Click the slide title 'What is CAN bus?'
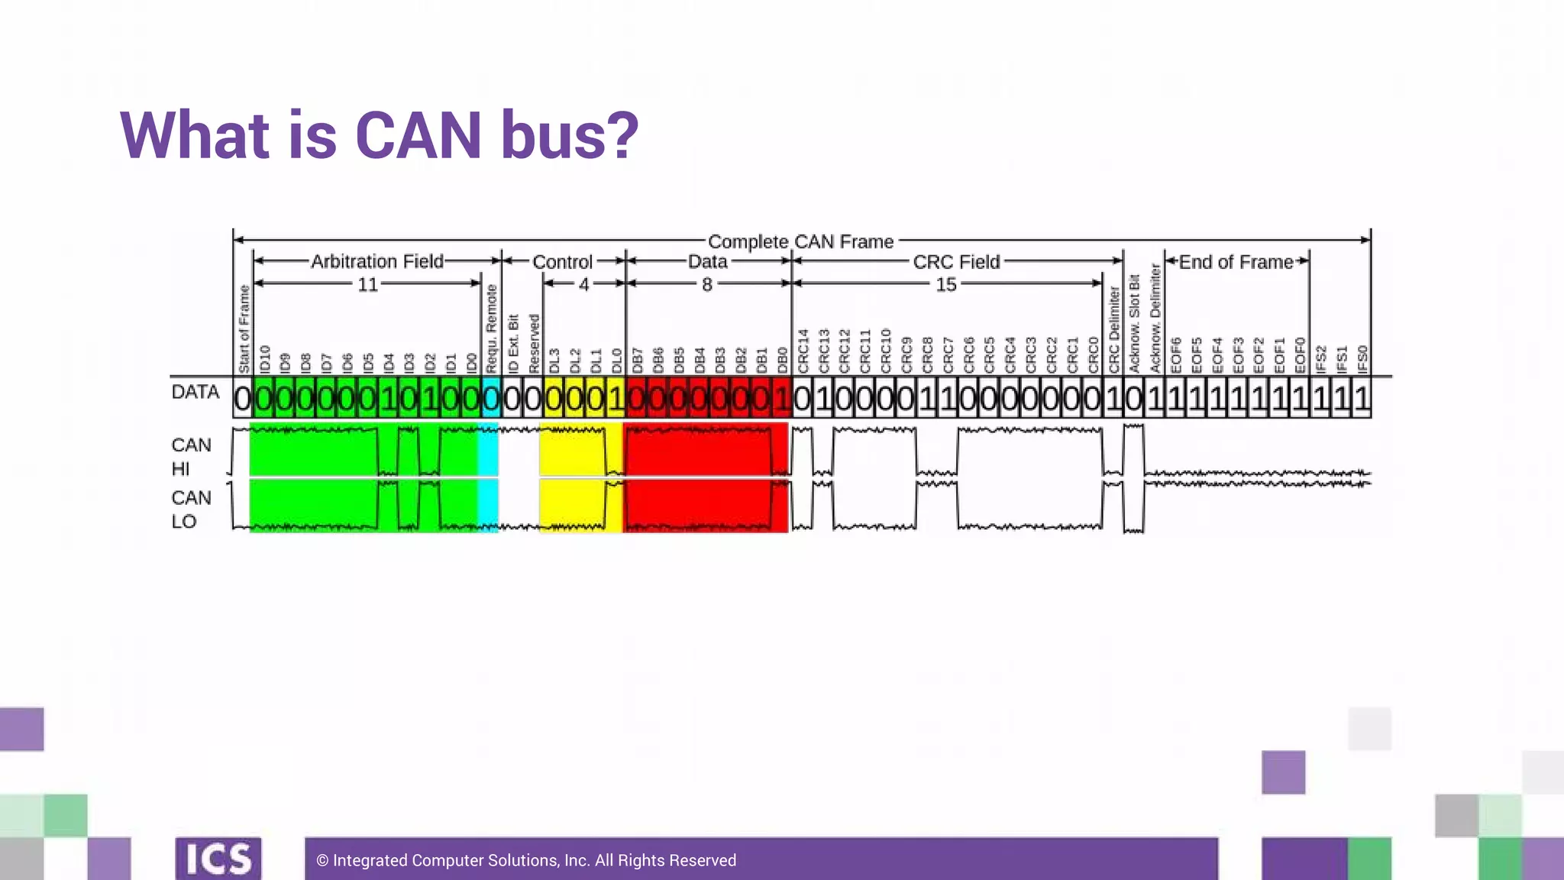coord(379,135)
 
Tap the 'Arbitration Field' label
coord(376,261)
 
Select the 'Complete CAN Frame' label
coord(800,241)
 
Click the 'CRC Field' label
coord(956,262)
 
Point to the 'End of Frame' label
coord(1236,262)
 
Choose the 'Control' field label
coord(562,262)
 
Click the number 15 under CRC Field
coord(945,284)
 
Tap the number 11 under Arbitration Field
coord(367,284)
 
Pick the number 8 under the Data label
coord(707,284)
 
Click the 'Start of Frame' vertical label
coord(244,328)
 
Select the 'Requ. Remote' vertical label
coord(492,328)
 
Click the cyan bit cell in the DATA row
coord(490,399)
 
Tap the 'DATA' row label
coord(195,392)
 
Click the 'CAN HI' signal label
coord(191,456)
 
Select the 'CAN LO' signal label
coord(191,510)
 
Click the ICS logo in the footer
coord(218,859)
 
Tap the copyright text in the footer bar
coord(526,860)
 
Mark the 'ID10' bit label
coord(265,359)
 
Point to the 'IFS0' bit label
coord(1362,359)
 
